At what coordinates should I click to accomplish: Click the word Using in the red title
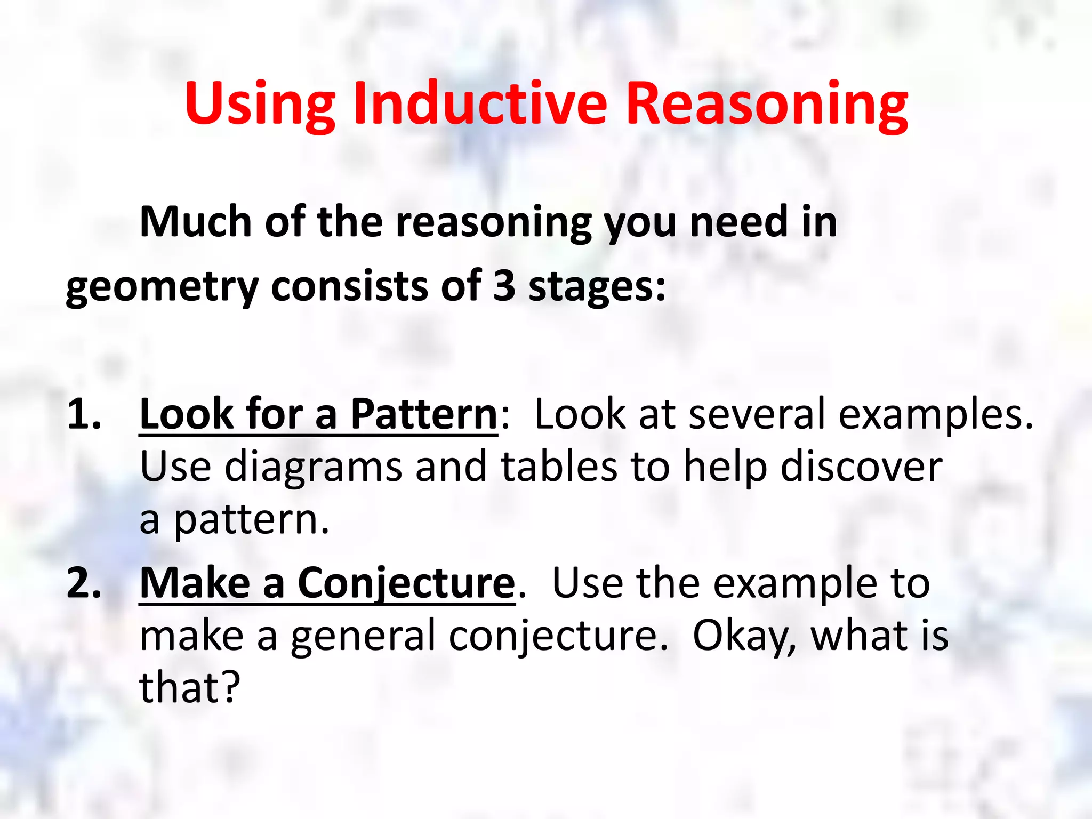pyautogui.click(x=260, y=105)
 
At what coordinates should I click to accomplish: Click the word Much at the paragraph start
pyautogui.click(x=195, y=222)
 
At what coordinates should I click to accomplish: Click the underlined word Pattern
pyautogui.click(x=424, y=414)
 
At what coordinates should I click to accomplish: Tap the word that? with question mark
pyautogui.click(x=190, y=688)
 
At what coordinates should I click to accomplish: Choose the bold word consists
pyautogui.click(x=350, y=286)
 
